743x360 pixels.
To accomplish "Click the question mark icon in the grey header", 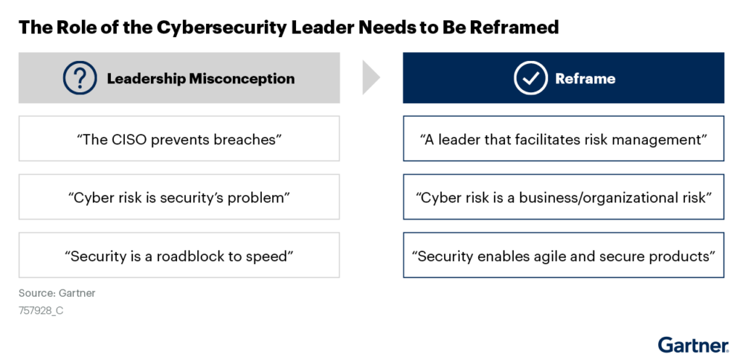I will coord(80,78).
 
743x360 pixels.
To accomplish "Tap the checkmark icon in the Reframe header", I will coord(530,78).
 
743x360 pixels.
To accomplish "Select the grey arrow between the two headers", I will coord(370,77).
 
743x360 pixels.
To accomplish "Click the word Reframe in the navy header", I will coord(585,78).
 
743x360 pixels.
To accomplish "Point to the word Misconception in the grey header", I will coord(242,78).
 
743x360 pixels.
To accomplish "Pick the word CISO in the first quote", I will coord(128,139).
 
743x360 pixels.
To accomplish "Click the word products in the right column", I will coord(680,255).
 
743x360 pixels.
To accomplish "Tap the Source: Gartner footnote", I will coord(57,293).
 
